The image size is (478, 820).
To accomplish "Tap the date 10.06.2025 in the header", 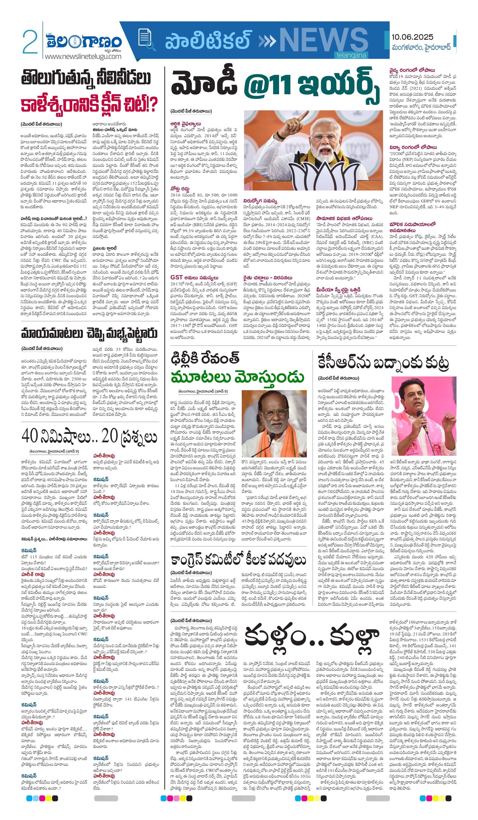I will [412, 37].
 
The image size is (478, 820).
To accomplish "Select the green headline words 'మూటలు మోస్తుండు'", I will [237, 377].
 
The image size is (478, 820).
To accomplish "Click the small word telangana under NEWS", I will [351, 55].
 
